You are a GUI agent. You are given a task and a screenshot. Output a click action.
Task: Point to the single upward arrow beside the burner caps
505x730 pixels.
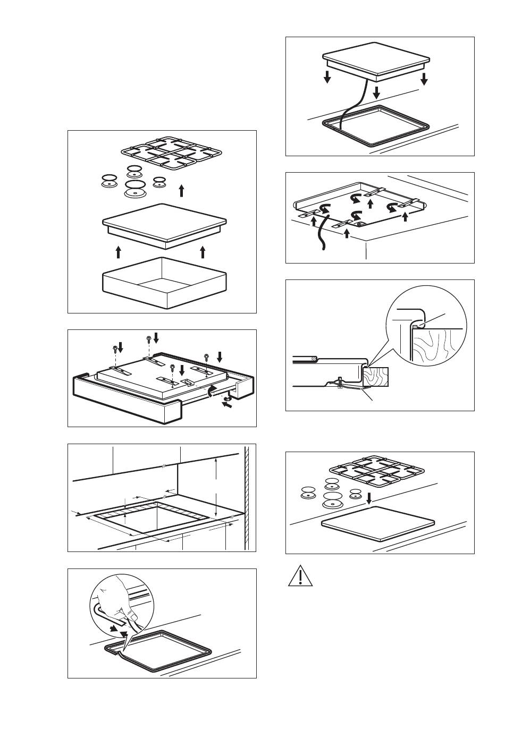182,191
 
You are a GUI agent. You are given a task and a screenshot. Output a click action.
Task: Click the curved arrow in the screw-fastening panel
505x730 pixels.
213,392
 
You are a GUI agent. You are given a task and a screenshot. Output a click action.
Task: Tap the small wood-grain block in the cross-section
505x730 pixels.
376,377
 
